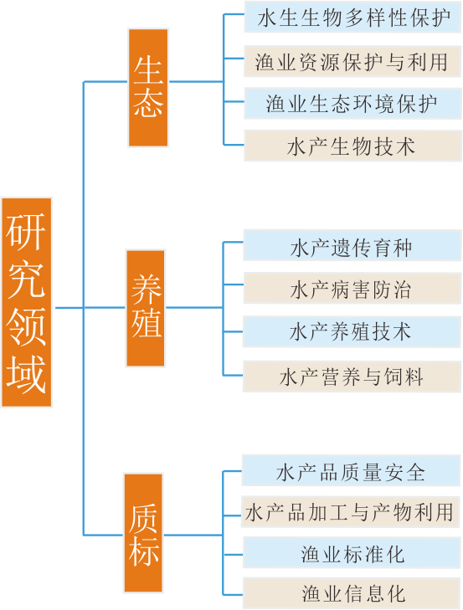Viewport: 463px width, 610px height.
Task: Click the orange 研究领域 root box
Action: click(x=27, y=302)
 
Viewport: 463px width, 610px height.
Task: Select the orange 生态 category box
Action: click(x=148, y=88)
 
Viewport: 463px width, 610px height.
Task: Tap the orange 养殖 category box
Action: click(x=146, y=308)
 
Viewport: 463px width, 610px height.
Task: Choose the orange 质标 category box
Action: click(x=143, y=532)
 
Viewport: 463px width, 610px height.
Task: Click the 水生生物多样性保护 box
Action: click(x=352, y=17)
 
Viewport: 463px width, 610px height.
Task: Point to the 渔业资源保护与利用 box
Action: click(x=352, y=61)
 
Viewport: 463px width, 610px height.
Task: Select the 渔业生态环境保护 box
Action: click(x=352, y=103)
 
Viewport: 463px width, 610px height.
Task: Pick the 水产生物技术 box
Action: click(x=352, y=146)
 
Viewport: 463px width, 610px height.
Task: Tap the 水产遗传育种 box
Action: click(x=352, y=245)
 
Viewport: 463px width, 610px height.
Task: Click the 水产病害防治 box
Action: click(x=352, y=289)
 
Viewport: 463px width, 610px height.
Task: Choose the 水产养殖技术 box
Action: click(x=352, y=332)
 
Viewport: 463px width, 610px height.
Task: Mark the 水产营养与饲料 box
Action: click(x=352, y=377)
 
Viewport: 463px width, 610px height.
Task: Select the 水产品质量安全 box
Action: click(x=351, y=470)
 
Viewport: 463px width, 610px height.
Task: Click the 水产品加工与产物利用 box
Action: click(x=351, y=511)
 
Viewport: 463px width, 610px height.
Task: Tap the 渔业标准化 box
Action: click(x=352, y=552)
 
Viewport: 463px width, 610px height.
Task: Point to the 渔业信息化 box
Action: click(x=352, y=593)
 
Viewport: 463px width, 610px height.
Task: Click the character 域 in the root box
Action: click(x=27, y=374)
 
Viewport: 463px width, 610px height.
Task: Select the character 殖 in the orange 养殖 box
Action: click(x=146, y=323)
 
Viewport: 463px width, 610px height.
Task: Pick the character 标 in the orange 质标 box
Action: click(x=144, y=551)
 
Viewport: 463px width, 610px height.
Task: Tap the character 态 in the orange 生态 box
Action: click(x=148, y=103)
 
